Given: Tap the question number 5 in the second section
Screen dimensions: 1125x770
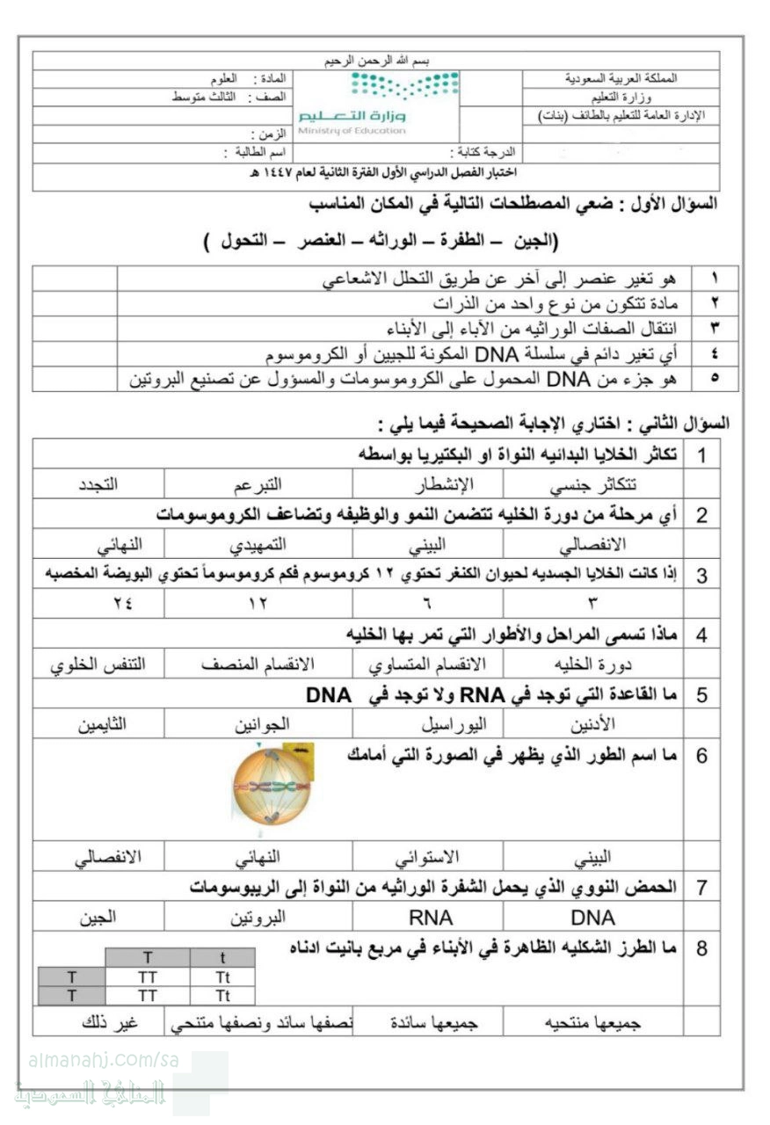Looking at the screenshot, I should pos(701,695).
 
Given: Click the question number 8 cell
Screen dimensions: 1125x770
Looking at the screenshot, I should pos(701,949).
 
